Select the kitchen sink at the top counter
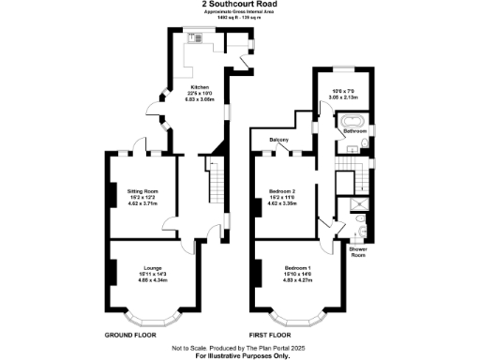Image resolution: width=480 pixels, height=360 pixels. (196, 38)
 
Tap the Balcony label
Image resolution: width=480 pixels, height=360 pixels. (278, 141)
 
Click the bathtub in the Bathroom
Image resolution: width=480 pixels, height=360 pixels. (354, 122)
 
